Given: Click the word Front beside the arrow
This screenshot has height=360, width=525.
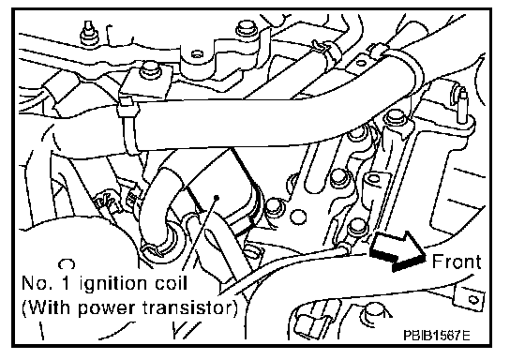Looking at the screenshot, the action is pyautogui.click(x=457, y=262).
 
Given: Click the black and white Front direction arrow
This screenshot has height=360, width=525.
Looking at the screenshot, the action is pyautogui.click(x=398, y=249).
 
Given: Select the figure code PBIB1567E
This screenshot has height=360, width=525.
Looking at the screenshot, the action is pyautogui.click(x=437, y=335).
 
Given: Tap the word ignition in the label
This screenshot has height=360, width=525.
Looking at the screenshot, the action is pyautogui.click(x=113, y=285).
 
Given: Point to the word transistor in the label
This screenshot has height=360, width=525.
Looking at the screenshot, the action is pyautogui.click(x=187, y=307).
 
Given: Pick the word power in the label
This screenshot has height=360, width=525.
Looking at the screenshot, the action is pyautogui.click(x=108, y=309).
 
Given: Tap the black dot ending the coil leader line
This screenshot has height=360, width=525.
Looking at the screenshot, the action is pyautogui.click(x=217, y=198).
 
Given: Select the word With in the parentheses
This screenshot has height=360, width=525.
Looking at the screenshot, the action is pyautogui.click(x=52, y=307).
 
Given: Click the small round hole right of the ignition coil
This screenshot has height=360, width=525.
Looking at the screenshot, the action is pyautogui.click(x=297, y=217).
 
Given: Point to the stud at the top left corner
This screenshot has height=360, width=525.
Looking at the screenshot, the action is pyautogui.click(x=89, y=32).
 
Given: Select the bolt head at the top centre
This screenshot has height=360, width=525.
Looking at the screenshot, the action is pyautogui.click(x=247, y=28).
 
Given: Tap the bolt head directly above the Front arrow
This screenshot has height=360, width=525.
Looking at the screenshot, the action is pyautogui.click(x=357, y=227).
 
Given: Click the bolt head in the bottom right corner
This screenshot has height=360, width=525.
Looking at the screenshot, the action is pyautogui.click(x=374, y=311).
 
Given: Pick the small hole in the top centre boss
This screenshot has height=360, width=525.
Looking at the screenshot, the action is pyautogui.click(x=197, y=53).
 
